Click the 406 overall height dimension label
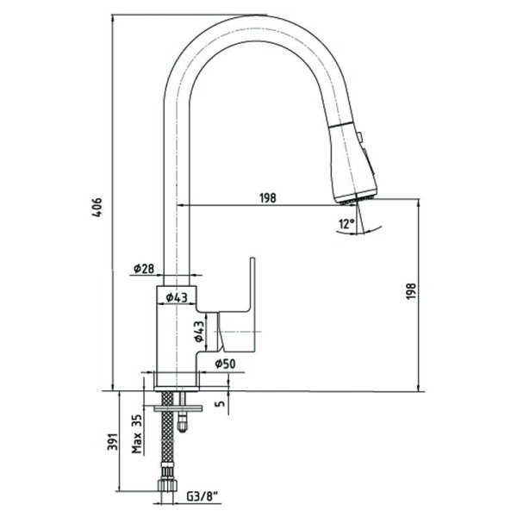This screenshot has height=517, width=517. tap(97, 207)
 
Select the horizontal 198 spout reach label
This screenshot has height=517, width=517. tap(268, 198)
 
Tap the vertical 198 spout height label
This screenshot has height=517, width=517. tap(411, 291)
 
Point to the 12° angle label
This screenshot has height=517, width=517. tap(346, 224)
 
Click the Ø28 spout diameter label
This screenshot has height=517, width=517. tap(144, 268)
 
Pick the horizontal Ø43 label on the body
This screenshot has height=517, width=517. tap(177, 298)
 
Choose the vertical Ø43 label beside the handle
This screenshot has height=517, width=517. tap(199, 331)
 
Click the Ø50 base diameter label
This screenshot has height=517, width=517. tap(225, 364)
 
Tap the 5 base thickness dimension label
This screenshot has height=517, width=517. tap(221, 402)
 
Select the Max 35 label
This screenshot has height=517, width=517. tap(137, 433)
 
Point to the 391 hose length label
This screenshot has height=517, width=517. tap(112, 441)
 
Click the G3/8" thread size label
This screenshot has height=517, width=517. tap(202, 496)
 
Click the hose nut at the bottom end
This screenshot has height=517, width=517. tap(167, 485)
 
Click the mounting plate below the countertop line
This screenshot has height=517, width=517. tap(178, 408)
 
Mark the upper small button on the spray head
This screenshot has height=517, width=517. tap(359, 136)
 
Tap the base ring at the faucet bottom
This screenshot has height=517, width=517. tap(177, 389)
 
